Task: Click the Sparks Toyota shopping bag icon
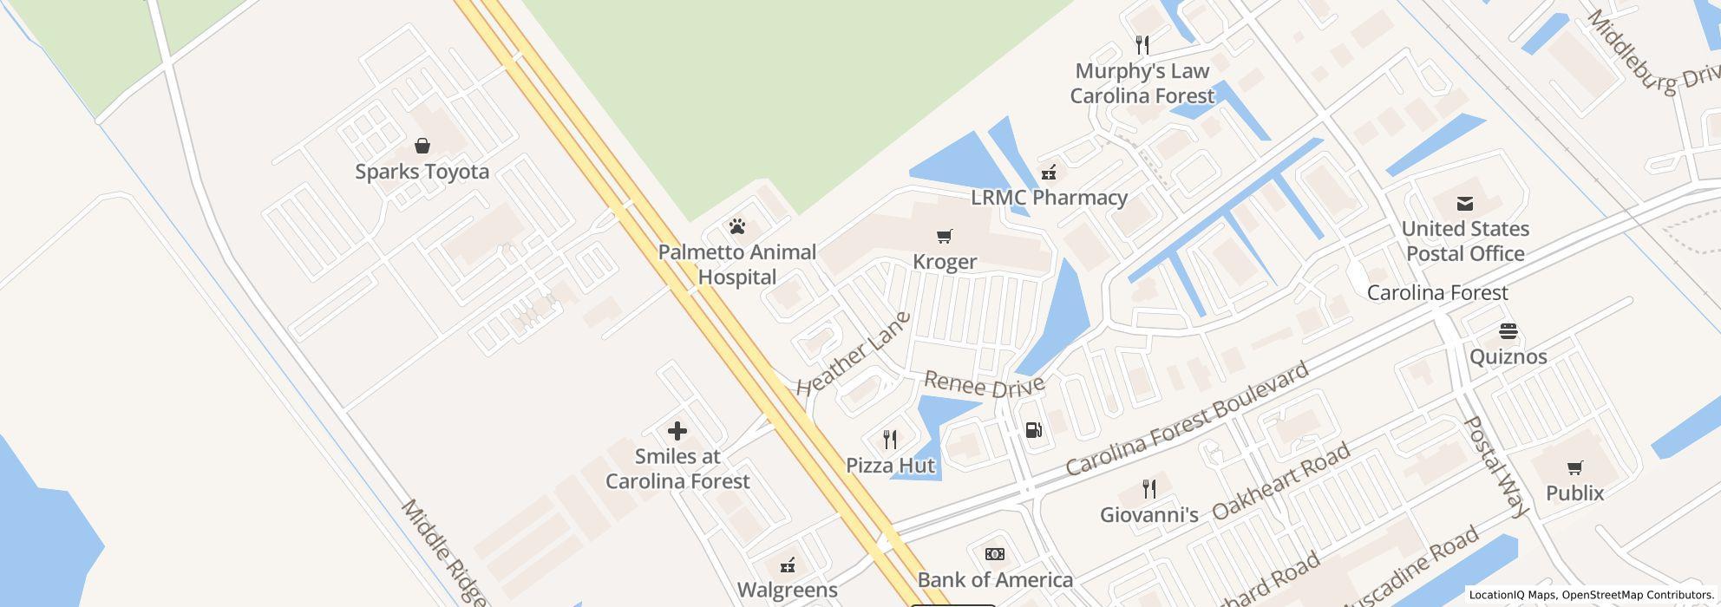422,145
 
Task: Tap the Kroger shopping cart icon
945,236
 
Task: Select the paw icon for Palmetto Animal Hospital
737,227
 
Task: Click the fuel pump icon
1033,429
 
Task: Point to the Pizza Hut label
891,466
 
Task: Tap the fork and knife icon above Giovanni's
1149,489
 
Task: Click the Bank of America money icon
995,554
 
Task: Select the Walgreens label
788,591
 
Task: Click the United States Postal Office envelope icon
1465,204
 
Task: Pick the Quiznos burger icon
1508,331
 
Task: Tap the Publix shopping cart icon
1574,468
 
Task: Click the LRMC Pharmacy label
1049,198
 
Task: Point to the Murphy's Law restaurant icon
1142,45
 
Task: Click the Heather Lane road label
854,355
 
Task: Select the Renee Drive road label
985,384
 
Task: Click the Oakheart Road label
1281,481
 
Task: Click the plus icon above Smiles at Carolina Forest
677,431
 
